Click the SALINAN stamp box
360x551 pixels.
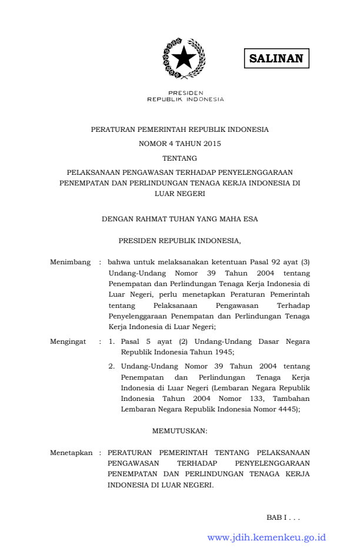(x=276, y=59)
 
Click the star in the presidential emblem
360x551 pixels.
(x=184, y=58)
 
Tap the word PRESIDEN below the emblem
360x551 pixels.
(x=185, y=93)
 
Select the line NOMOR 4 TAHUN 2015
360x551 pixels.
(x=180, y=143)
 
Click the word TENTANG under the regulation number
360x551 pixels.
(x=179, y=158)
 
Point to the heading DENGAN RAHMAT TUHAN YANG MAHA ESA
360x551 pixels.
(x=179, y=219)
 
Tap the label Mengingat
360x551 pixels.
(x=68, y=341)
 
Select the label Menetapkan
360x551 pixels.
(x=71, y=453)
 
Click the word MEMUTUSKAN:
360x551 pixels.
(x=179, y=431)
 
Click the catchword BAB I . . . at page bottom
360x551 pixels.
(x=283, y=517)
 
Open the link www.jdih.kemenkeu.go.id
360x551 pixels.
(x=266, y=537)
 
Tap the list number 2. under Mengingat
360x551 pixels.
(x=111, y=366)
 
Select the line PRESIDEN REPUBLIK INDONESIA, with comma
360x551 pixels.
(x=179, y=241)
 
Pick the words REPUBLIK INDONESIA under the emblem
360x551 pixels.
(x=185, y=99)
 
